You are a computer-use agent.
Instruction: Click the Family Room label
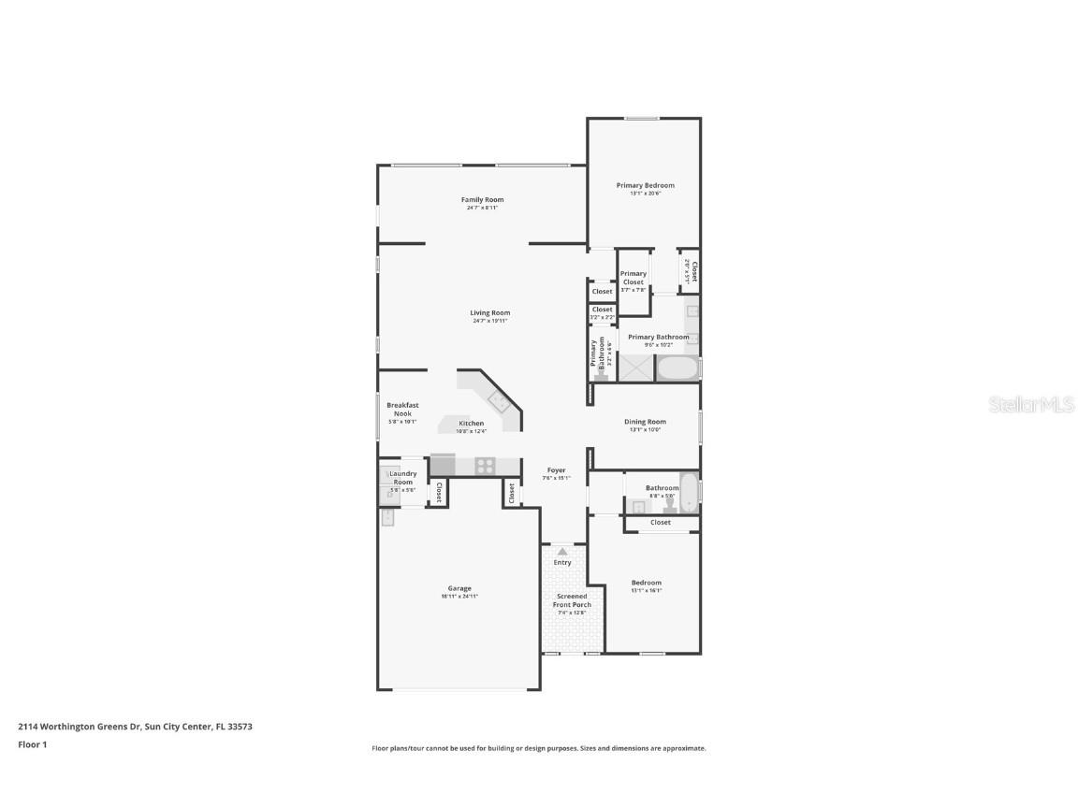482,199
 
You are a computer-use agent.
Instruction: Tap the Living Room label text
489,313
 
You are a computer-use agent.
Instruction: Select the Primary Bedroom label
645,185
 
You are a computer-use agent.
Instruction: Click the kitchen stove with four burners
485,464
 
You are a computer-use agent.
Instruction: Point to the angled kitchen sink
498,402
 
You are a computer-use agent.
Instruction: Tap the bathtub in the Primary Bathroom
677,368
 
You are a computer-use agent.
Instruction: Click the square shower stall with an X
634,368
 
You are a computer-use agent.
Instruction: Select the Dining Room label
645,422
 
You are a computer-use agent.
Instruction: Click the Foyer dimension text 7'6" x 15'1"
556,479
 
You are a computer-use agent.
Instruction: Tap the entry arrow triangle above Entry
562,553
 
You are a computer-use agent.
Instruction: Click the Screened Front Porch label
572,600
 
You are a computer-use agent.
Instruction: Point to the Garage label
459,588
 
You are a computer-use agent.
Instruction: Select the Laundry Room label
403,478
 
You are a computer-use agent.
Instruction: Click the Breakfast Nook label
402,409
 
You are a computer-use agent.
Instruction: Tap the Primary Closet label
634,278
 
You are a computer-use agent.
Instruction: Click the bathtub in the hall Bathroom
689,492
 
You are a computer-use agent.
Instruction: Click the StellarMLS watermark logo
1032,404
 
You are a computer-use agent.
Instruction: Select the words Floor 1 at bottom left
32,744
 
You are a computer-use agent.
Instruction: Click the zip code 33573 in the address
238,726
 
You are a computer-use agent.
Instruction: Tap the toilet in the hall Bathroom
669,505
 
